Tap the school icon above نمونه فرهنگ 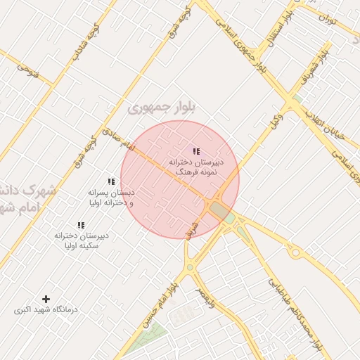(196, 151)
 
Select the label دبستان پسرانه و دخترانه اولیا (110, 198)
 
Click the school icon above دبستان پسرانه (111, 182)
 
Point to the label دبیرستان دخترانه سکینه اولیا (81, 241)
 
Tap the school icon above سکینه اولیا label (81, 226)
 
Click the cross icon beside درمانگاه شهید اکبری (46, 300)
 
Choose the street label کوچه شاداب (82, 42)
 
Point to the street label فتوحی (26, 71)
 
